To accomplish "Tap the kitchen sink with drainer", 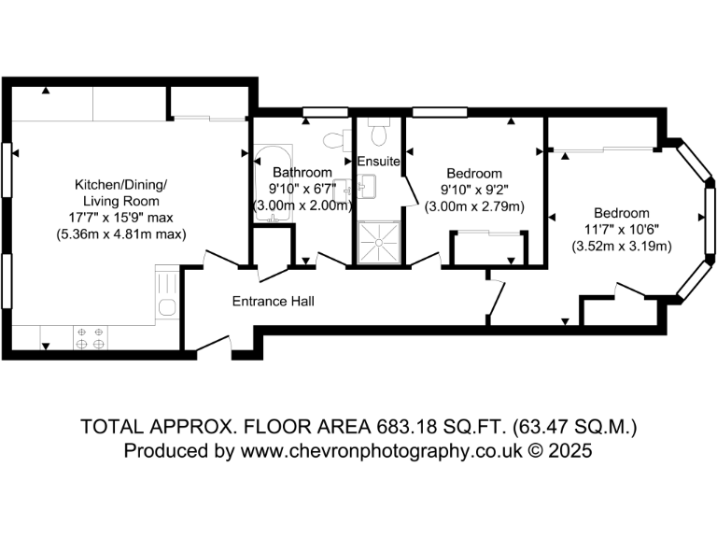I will coord(166,296).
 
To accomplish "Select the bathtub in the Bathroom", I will coord(274,184).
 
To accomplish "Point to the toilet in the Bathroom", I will coord(331,141).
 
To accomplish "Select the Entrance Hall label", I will coord(273,302).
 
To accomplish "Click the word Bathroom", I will coord(302,173).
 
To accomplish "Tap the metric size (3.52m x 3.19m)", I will coord(623,247).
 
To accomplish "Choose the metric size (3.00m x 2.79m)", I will coord(474,206).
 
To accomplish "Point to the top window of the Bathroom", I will coord(318,115).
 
